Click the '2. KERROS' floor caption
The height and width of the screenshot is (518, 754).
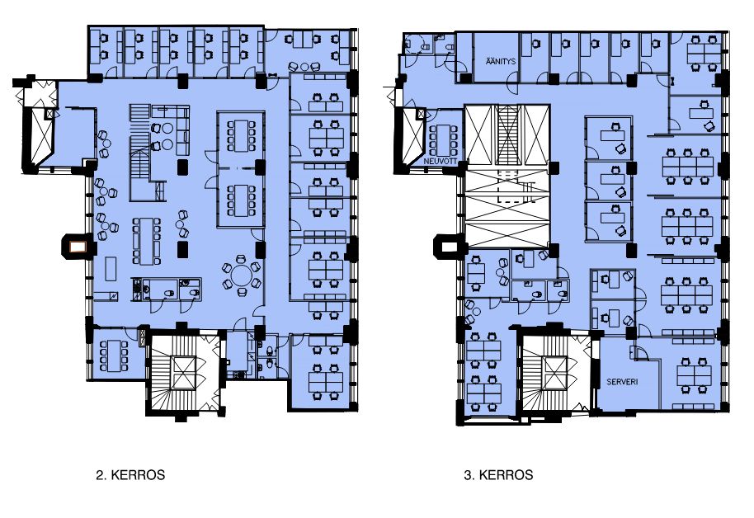pyautogui.click(x=130, y=475)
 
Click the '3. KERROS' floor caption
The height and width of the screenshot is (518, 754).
pyautogui.click(x=498, y=475)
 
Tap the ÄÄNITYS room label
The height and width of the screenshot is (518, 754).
pyautogui.click(x=501, y=62)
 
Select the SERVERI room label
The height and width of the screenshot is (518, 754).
pyautogui.click(x=622, y=382)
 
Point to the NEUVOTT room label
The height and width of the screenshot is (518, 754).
pyautogui.click(x=440, y=162)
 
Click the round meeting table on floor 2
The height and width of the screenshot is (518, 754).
pyautogui.click(x=242, y=275)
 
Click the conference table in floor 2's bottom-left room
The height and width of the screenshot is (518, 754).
pyautogui.click(x=114, y=356)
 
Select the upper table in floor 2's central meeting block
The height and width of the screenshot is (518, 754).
pyautogui.click(x=240, y=135)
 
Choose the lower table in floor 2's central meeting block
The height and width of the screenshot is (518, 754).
pyautogui.click(x=240, y=200)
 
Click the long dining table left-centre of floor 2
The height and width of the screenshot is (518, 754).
pyautogui.click(x=147, y=241)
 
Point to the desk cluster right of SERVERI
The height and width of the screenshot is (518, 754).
pyautogui.click(x=695, y=375)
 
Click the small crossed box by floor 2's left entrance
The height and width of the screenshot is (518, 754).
pyautogui.click(x=49, y=114)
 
